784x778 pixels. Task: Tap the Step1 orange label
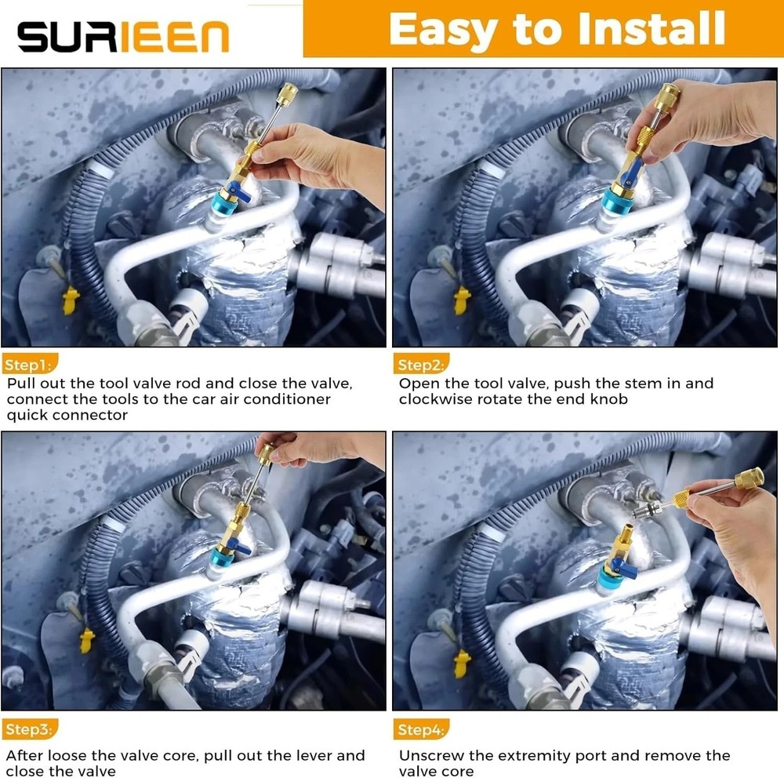tap(30, 365)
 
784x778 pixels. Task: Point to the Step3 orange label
tap(30, 729)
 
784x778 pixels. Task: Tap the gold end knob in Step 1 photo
tap(288, 92)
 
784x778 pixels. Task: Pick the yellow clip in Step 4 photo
tap(463, 663)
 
